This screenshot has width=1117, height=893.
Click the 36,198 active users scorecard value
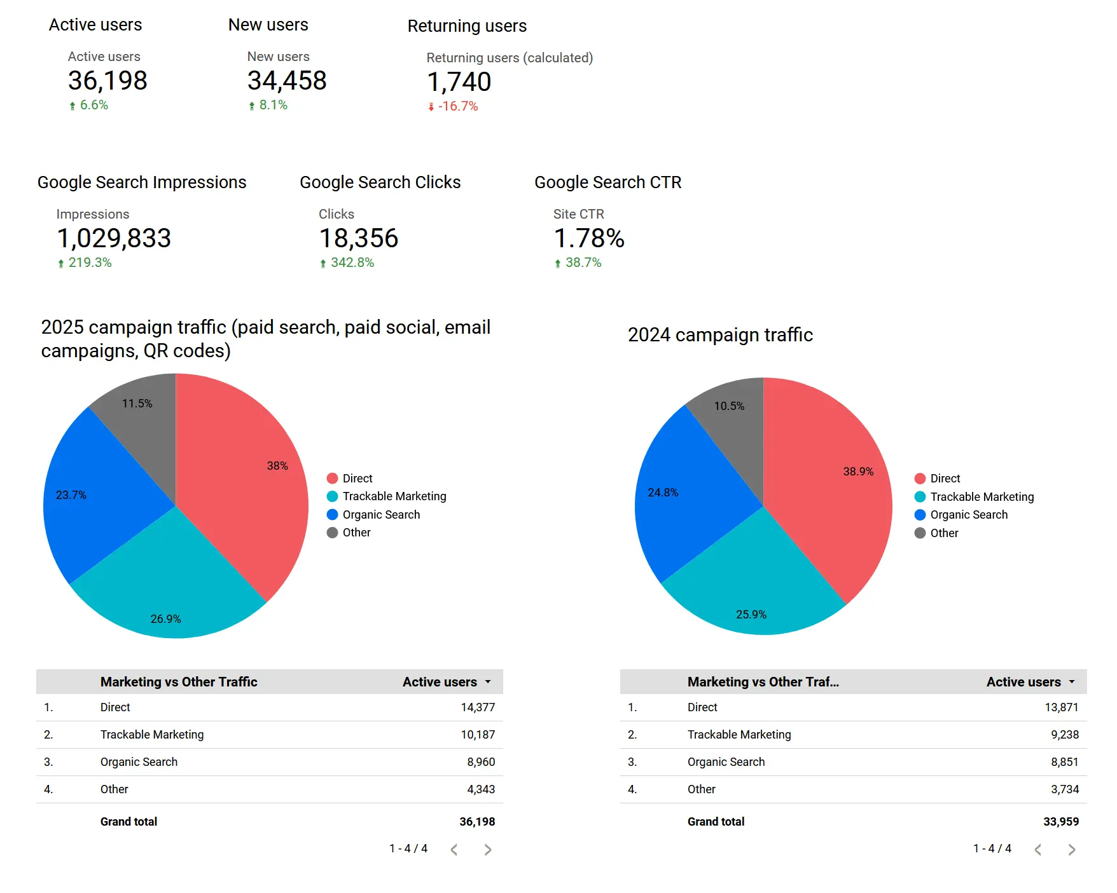click(x=108, y=81)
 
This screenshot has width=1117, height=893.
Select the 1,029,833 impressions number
click(x=114, y=238)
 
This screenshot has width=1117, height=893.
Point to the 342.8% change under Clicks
click(x=352, y=262)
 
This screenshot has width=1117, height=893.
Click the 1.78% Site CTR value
click(x=589, y=238)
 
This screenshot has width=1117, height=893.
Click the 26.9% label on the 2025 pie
click(x=165, y=618)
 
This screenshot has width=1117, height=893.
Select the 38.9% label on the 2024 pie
click(x=858, y=472)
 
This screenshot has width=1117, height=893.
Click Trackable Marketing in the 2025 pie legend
click(x=394, y=496)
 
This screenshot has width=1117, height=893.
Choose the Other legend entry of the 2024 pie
click(x=943, y=533)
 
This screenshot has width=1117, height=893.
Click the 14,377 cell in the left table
click(x=478, y=707)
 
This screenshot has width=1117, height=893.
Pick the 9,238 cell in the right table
click(x=1064, y=735)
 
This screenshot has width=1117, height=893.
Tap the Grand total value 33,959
click(x=1060, y=822)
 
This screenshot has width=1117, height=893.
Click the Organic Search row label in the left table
click(x=139, y=762)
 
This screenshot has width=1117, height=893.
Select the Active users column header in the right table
click(x=1023, y=682)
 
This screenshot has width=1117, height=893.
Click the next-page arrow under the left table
click(x=488, y=850)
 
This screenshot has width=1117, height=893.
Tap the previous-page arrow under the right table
click(x=1038, y=850)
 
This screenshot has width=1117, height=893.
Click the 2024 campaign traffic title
click(x=720, y=335)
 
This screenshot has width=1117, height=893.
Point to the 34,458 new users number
click(x=287, y=81)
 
